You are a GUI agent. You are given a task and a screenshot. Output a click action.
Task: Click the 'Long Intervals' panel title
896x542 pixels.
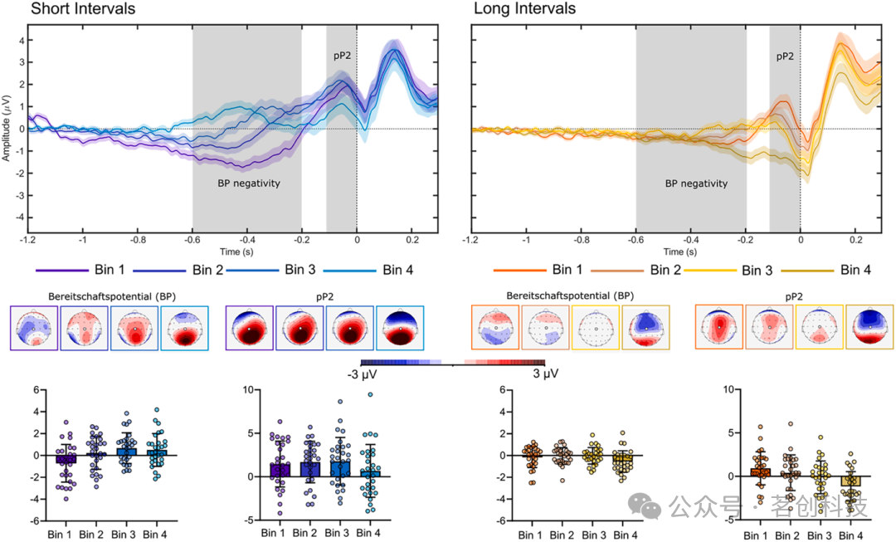click(x=524, y=9)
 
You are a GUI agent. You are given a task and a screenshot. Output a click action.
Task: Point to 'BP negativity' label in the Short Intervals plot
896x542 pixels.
click(x=246, y=183)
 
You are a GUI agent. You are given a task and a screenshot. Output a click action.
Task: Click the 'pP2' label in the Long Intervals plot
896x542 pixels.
click(x=785, y=57)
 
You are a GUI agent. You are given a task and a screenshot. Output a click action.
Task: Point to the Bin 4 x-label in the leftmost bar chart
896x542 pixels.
click(x=155, y=534)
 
